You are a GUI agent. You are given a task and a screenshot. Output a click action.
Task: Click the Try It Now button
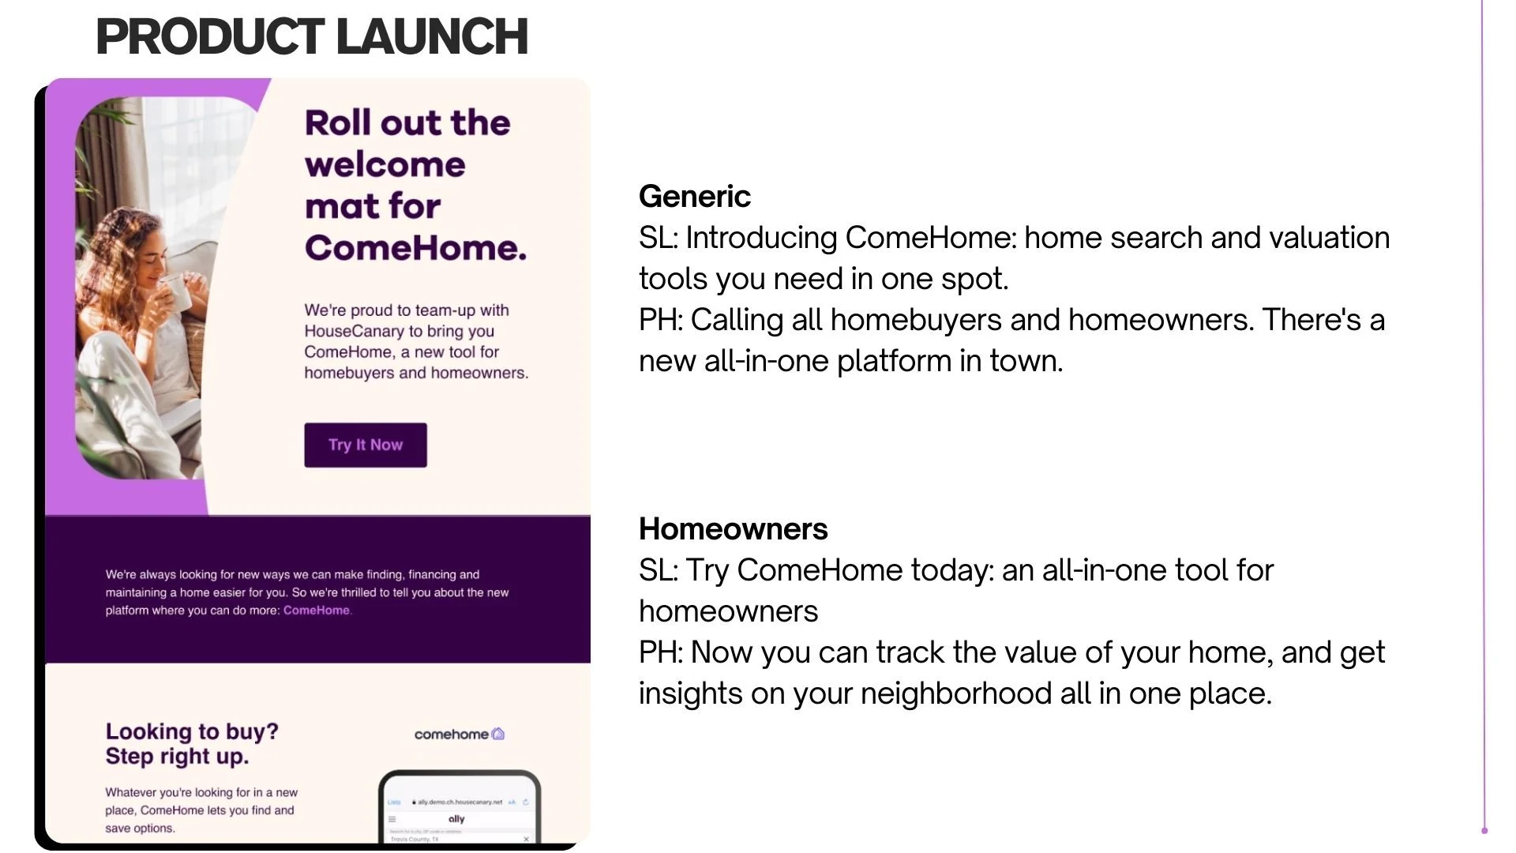tap(366, 445)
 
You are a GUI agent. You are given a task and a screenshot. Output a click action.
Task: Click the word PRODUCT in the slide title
tap(209, 36)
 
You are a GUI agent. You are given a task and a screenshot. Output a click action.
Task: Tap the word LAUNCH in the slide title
tap(432, 36)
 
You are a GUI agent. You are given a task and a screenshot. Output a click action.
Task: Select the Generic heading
tap(694, 197)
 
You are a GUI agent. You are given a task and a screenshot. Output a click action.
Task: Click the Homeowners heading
tap(733, 529)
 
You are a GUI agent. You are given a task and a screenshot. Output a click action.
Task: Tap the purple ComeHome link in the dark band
tap(317, 611)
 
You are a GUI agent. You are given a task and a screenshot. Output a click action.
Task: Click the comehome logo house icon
tap(498, 734)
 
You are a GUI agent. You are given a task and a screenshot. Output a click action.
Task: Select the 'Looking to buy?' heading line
tap(192, 731)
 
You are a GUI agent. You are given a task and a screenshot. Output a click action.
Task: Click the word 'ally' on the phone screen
tap(456, 819)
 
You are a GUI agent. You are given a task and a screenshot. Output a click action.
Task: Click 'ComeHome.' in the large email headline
tap(415, 248)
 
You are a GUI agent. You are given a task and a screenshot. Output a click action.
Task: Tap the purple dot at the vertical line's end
tap(1484, 830)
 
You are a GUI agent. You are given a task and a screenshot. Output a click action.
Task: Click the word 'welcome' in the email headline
tap(385, 164)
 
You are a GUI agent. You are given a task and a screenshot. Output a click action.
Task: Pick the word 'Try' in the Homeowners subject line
tap(707, 570)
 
